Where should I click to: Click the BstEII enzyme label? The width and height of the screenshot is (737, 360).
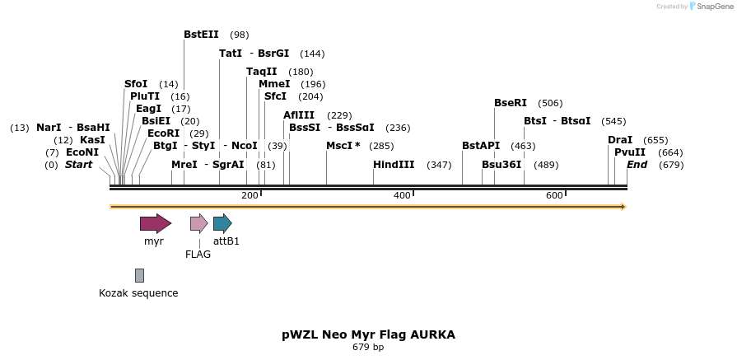pyautogui.click(x=201, y=35)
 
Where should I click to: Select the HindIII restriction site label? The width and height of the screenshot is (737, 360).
pyautogui.click(x=394, y=165)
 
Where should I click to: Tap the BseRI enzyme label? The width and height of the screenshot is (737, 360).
pyautogui.click(x=511, y=103)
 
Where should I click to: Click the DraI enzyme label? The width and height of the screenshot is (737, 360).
pyautogui.click(x=620, y=140)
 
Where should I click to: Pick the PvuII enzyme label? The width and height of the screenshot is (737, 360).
pyautogui.click(x=630, y=152)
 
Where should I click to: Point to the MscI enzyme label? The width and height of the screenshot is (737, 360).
pyautogui.click(x=343, y=146)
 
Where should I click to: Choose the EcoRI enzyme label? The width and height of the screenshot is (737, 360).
pyautogui.click(x=163, y=133)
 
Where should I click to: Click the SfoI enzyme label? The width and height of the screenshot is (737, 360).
pyautogui.click(x=136, y=84)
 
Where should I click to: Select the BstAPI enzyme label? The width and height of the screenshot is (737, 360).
pyautogui.click(x=481, y=146)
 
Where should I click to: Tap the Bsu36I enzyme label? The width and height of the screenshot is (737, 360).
pyautogui.click(x=501, y=165)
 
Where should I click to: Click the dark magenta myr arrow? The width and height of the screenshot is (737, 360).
pyautogui.click(x=155, y=223)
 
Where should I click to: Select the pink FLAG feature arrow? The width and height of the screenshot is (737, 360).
pyautogui.click(x=198, y=223)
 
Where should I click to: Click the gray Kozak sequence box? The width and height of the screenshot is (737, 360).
pyautogui.click(x=139, y=275)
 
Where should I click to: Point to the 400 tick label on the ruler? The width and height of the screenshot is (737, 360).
pyautogui.click(x=402, y=195)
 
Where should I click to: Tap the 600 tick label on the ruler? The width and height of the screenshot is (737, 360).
pyautogui.click(x=554, y=195)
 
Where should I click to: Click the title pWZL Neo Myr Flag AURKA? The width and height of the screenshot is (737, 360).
pyautogui.click(x=368, y=334)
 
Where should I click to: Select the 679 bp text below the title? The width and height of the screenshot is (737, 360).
pyautogui.click(x=368, y=348)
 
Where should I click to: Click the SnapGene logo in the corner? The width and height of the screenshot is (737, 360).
pyautogui.click(x=710, y=7)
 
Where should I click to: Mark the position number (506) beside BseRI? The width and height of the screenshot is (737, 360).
pyautogui.click(x=550, y=104)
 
